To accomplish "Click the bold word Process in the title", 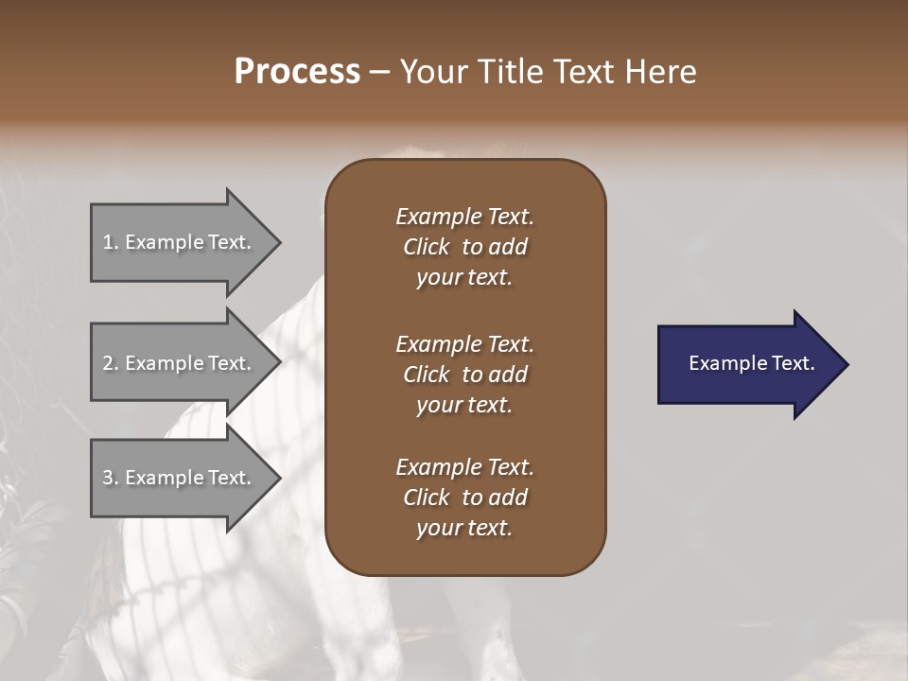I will click(x=297, y=72).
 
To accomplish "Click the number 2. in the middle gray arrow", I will click(x=111, y=363).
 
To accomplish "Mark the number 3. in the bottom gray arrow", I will click(x=111, y=478).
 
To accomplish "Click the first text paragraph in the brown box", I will click(x=464, y=247).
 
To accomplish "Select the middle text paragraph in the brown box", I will click(x=464, y=375).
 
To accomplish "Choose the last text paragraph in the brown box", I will click(x=464, y=498).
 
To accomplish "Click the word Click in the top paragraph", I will click(x=427, y=247).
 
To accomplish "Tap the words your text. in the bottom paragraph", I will click(x=464, y=528).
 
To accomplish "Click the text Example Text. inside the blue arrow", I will click(x=751, y=363).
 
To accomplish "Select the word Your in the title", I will click(x=430, y=72).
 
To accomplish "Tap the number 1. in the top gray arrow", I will click(x=111, y=242).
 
